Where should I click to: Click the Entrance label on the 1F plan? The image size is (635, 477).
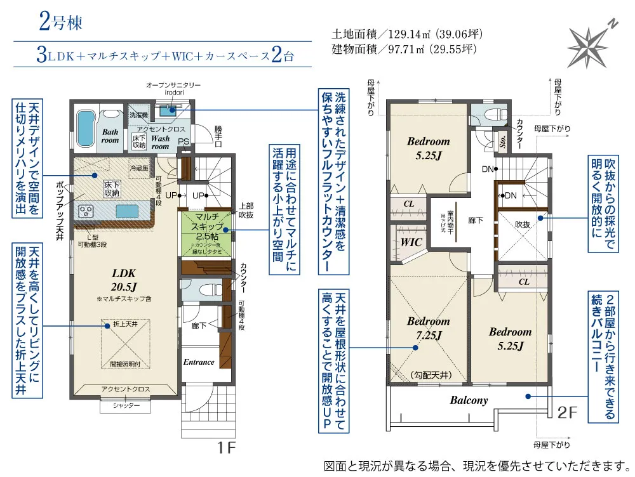[199, 362]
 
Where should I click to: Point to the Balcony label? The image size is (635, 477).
[469, 400]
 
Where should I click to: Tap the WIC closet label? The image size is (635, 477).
[411, 242]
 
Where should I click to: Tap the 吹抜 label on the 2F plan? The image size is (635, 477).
[522, 224]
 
